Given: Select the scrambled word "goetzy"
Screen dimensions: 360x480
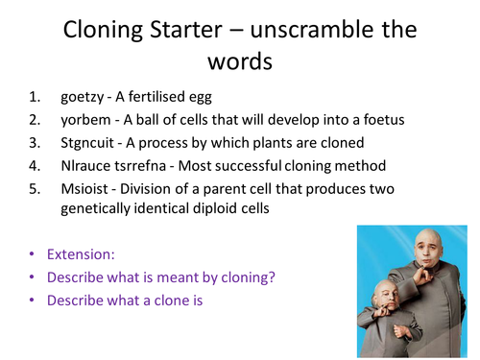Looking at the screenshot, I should pos(81,97).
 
